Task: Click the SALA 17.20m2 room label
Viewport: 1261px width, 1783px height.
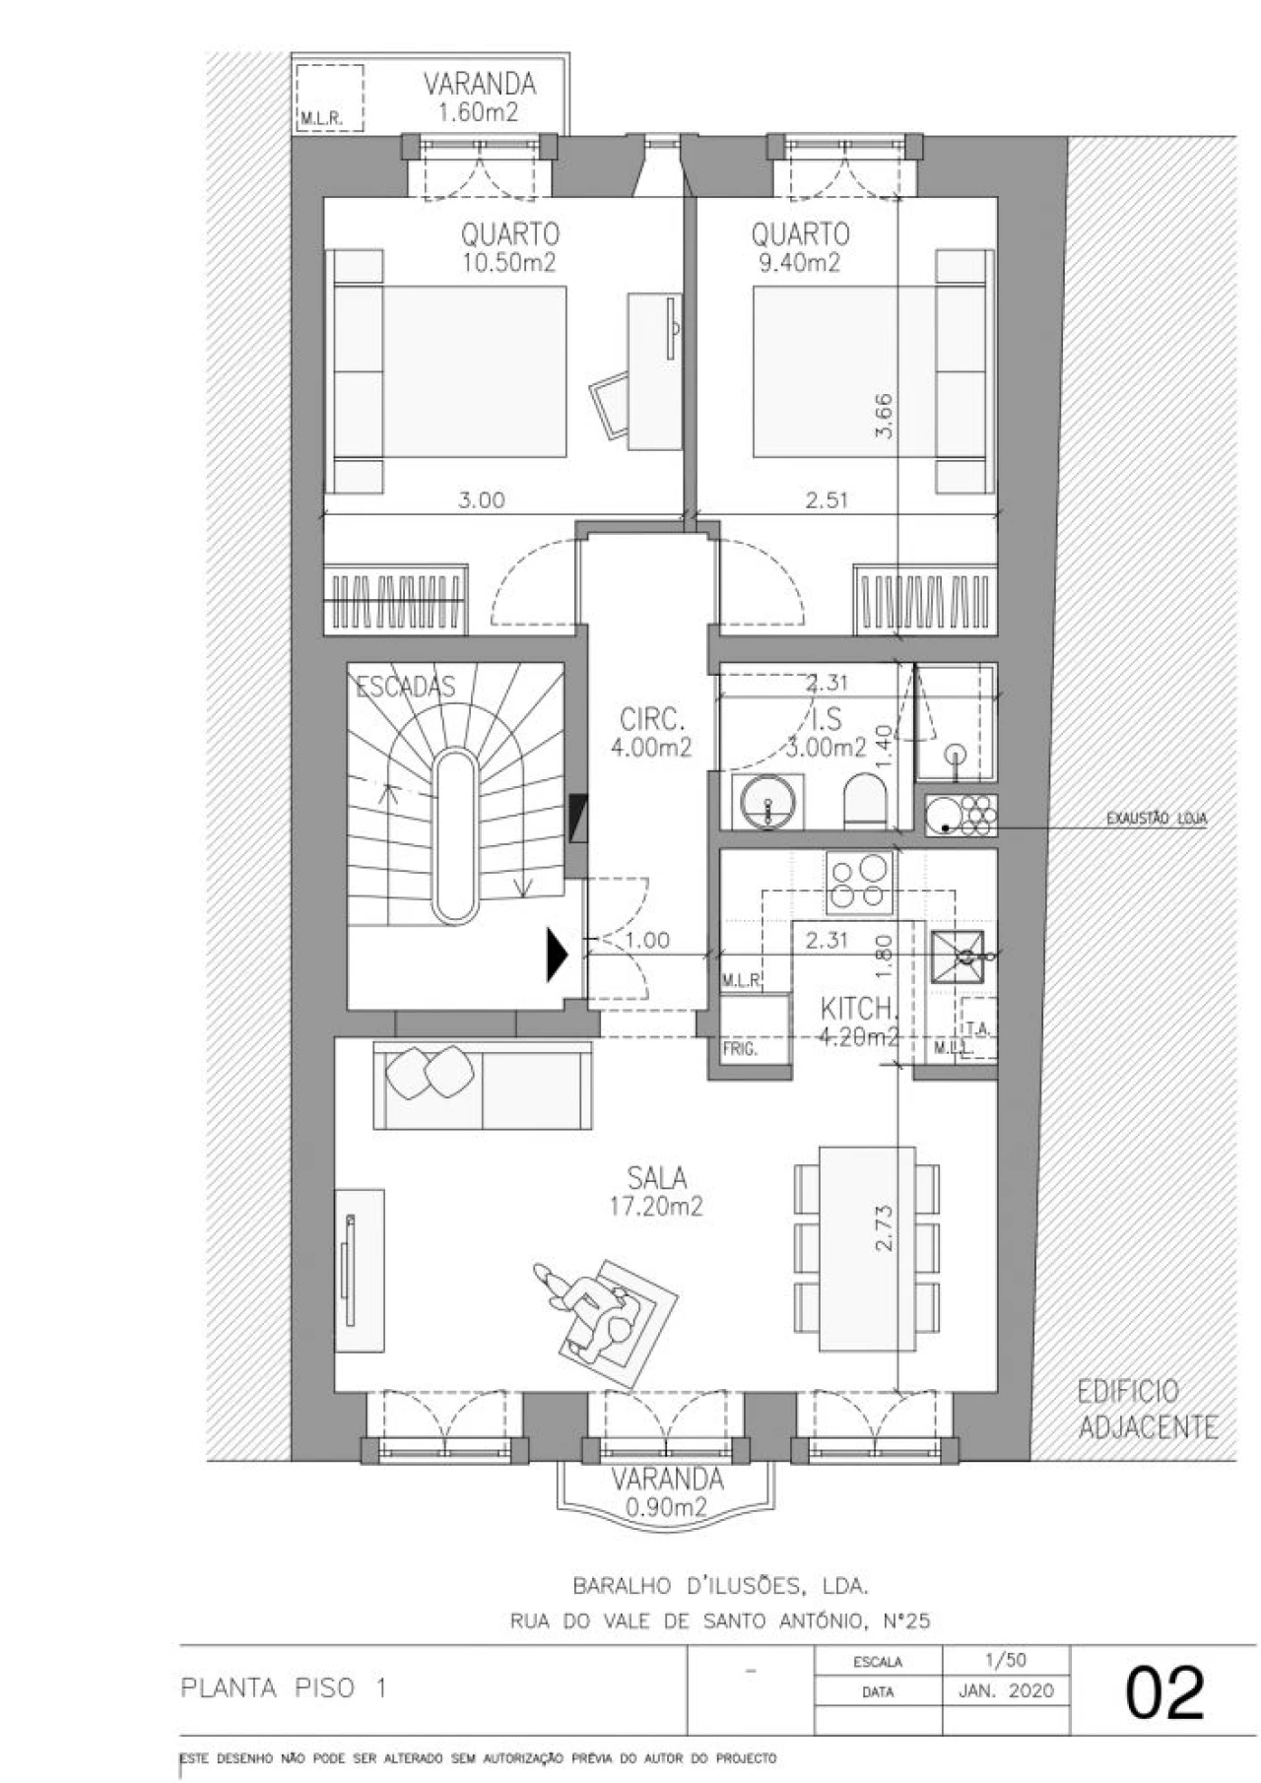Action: tap(656, 1191)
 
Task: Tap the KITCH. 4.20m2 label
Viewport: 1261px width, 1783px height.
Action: tap(859, 1021)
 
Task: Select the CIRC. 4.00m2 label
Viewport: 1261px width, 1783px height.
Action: tap(650, 731)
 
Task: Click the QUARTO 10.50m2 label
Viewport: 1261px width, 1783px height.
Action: tap(509, 247)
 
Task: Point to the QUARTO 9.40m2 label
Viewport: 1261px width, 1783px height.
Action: tap(799, 247)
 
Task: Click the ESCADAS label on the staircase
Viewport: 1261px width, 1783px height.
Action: tap(405, 687)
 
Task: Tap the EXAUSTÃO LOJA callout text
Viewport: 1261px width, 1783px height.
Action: tap(1157, 819)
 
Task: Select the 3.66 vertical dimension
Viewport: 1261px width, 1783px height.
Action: tap(884, 416)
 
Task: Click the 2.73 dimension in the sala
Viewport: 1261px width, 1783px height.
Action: tap(884, 1227)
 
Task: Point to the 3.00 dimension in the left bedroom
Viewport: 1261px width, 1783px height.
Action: tap(482, 500)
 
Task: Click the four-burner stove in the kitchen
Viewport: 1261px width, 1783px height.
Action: tap(860, 880)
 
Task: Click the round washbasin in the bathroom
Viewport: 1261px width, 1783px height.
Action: tap(768, 800)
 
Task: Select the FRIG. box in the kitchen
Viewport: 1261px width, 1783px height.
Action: tap(741, 1049)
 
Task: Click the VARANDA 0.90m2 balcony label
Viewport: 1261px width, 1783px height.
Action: tap(666, 1491)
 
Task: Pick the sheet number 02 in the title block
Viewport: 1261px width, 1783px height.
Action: tap(1164, 1691)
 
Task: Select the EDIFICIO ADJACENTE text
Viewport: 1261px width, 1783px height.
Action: tap(1147, 1409)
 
